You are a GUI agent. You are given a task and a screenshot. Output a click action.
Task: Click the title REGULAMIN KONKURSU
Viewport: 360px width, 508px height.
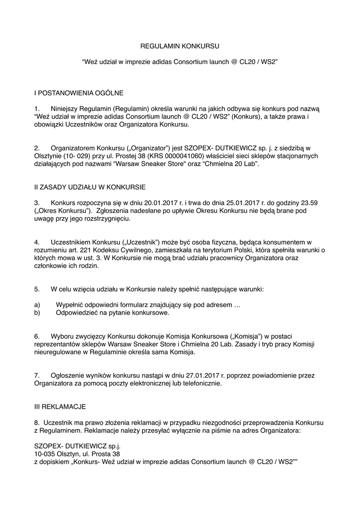pyautogui.click(x=180, y=46)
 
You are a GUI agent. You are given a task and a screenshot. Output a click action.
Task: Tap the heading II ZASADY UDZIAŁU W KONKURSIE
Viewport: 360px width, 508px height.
pyautogui.click(x=89, y=187)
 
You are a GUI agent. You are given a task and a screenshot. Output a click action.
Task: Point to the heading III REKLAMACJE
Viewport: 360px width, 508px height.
pyautogui.click(x=60, y=406)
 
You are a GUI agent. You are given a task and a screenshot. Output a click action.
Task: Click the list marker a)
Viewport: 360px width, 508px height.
pyautogui.click(x=37, y=305)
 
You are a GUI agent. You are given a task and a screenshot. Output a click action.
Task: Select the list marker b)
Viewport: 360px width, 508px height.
pyautogui.click(x=37, y=313)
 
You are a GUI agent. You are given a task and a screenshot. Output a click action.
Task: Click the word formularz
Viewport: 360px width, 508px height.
pyautogui.click(x=127, y=305)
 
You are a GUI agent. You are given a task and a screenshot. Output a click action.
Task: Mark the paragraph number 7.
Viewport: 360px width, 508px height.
pyautogui.click(x=37, y=375)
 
